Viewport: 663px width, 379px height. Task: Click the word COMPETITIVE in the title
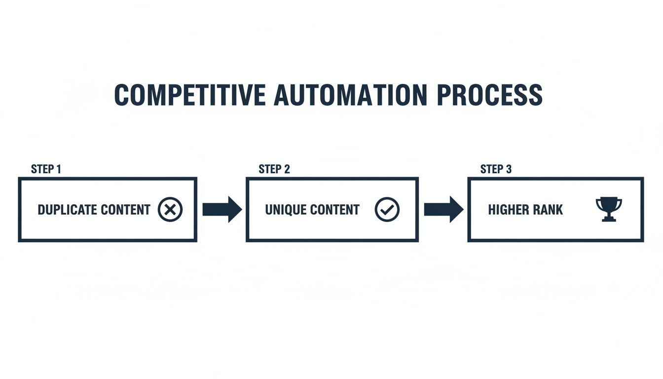coord(190,95)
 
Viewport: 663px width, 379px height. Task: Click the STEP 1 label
coord(46,169)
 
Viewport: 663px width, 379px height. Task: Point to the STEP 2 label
coord(274,169)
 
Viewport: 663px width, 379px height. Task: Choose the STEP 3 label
coord(496,169)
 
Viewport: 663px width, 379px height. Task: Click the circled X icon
coord(170,210)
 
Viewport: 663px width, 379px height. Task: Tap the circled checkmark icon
coord(387,210)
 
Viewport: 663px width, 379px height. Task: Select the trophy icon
coord(609,209)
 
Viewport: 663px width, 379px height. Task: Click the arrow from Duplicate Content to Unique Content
coord(221,209)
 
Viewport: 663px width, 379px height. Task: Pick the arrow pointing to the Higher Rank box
coord(443,209)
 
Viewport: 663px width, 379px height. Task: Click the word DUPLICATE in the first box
coord(67,210)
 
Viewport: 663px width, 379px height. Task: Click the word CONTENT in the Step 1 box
coord(125,210)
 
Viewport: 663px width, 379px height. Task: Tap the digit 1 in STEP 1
coord(59,169)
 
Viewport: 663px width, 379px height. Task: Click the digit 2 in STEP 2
coord(287,169)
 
